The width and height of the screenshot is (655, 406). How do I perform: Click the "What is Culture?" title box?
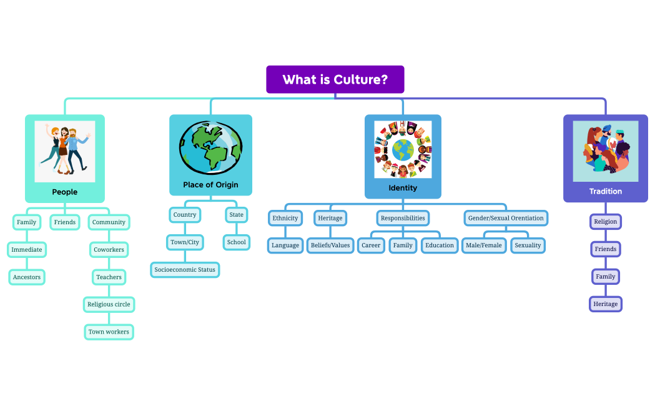click(x=335, y=79)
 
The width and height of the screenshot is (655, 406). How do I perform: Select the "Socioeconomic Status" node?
click(x=185, y=270)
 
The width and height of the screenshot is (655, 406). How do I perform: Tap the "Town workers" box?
click(x=109, y=332)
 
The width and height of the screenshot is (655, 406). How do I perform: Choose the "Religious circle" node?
click(x=109, y=304)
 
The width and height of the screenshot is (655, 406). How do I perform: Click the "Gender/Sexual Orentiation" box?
click(x=506, y=218)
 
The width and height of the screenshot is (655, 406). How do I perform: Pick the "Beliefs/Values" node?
click(x=330, y=245)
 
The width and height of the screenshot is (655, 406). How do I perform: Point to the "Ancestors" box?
click(x=26, y=277)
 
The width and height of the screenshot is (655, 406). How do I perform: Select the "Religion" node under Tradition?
click(x=605, y=221)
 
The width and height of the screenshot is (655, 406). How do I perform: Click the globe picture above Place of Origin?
click(x=210, y=147)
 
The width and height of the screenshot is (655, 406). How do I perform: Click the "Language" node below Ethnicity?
click(x=285, y=245)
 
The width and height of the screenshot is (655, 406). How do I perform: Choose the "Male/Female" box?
click(x=483, y=245)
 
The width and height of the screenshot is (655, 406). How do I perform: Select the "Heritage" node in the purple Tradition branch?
click(x=605, y=304)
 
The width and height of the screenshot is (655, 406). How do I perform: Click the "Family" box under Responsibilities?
click(x=403, y=245)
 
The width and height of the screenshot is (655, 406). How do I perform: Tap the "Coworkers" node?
click(x=109, y=249)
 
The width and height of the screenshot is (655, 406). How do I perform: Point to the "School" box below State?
click(x=236, y=242)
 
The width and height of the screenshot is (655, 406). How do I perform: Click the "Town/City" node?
click(x=185, y=242)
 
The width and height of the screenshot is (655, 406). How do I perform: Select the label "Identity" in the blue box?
click(x=403, y=187)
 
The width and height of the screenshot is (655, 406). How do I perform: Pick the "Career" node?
click(x=371, y=245)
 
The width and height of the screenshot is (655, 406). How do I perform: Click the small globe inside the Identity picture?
click(x=403, y=150)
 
